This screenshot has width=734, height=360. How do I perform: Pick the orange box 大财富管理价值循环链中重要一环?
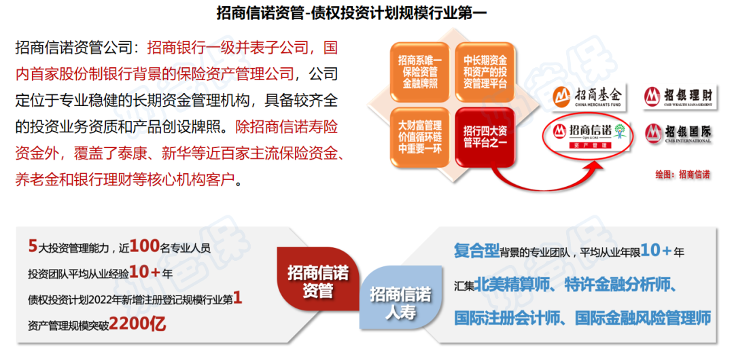pyautogui.click(x=419, y=135)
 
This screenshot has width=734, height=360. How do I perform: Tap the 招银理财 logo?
pyautogui.click(x=678, y=96)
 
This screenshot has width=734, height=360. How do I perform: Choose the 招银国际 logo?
pyautogui.click(x=678, y=132)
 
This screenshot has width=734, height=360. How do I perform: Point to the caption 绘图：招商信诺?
pyautogui.click(x=682, y=175)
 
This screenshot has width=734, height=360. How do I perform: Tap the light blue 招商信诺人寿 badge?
pyautogui.click(x=400, y=303)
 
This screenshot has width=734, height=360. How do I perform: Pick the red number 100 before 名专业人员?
pyautogui.click(x=143, y=246)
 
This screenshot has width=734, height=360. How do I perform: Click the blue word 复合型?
pyautogui.click(x=476, y=251)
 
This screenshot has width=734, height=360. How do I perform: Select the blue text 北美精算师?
pyautogui.click(x=508, y=284)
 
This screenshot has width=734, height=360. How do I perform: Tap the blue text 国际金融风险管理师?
pyautogui.click(x=643, y=317)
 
